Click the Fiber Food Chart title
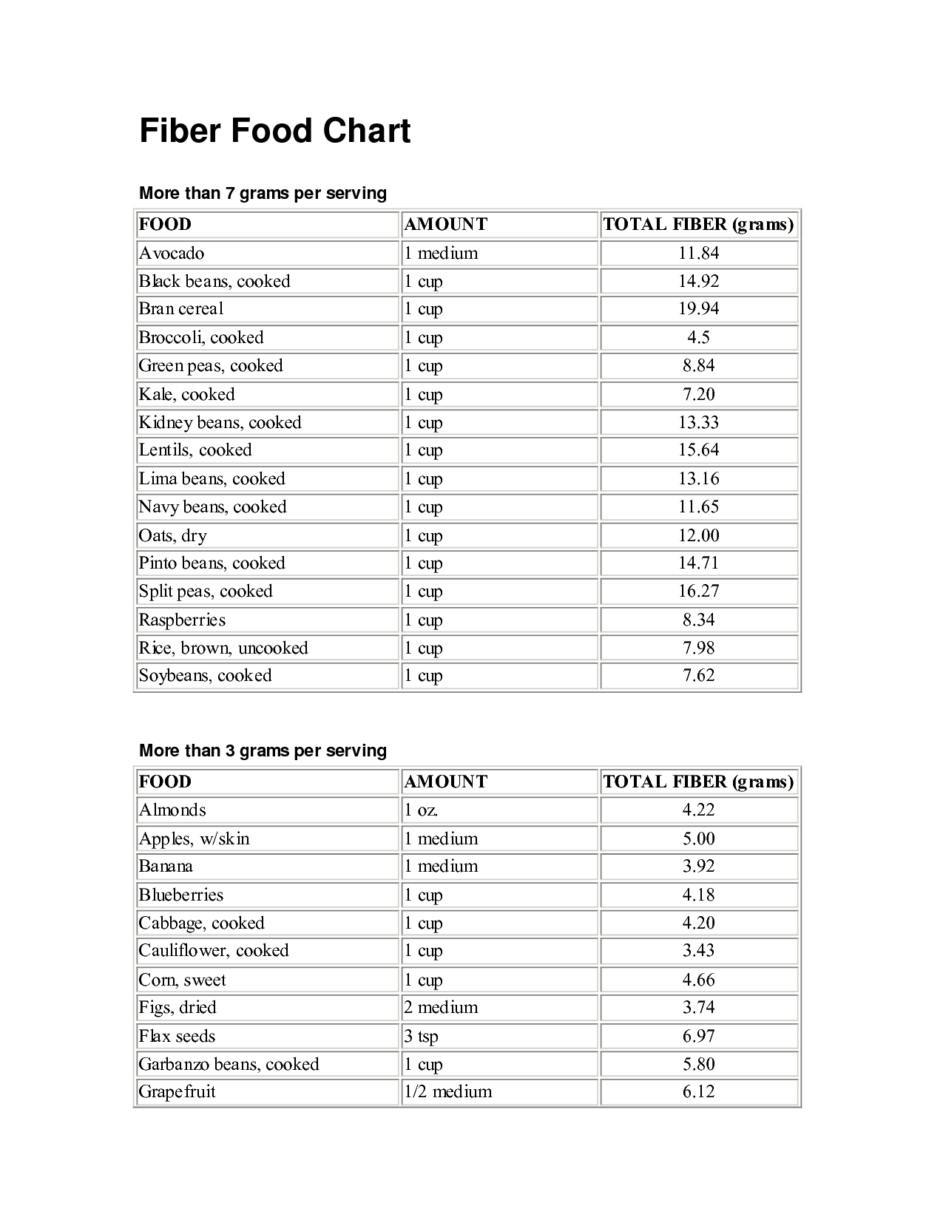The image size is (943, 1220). point(274,132)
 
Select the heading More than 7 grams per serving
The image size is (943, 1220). point(263,194)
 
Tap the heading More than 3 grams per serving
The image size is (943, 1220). point(263,751)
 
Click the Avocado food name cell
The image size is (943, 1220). point(172,254)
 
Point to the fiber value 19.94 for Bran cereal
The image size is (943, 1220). point(698,309)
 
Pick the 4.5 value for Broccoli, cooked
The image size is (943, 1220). point(698,338)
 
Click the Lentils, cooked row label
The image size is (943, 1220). point(195,450)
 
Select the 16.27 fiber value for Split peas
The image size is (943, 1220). point(698,592)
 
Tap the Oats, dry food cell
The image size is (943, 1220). point(173,535)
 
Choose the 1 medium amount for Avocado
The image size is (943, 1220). point(441,254)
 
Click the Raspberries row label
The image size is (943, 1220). point(182,620)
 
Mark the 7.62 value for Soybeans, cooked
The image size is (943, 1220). point(698,676)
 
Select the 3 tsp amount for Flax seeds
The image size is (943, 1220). point(421,1037)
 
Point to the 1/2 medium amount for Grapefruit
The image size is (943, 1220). point(447,1092)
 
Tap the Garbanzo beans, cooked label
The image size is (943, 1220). point(229,1065)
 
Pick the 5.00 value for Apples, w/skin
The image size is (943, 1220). point(698,839)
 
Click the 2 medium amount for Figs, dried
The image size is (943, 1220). point(441,1008)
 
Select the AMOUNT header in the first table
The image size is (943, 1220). point(446,225)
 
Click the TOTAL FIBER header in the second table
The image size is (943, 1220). point(698,782)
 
